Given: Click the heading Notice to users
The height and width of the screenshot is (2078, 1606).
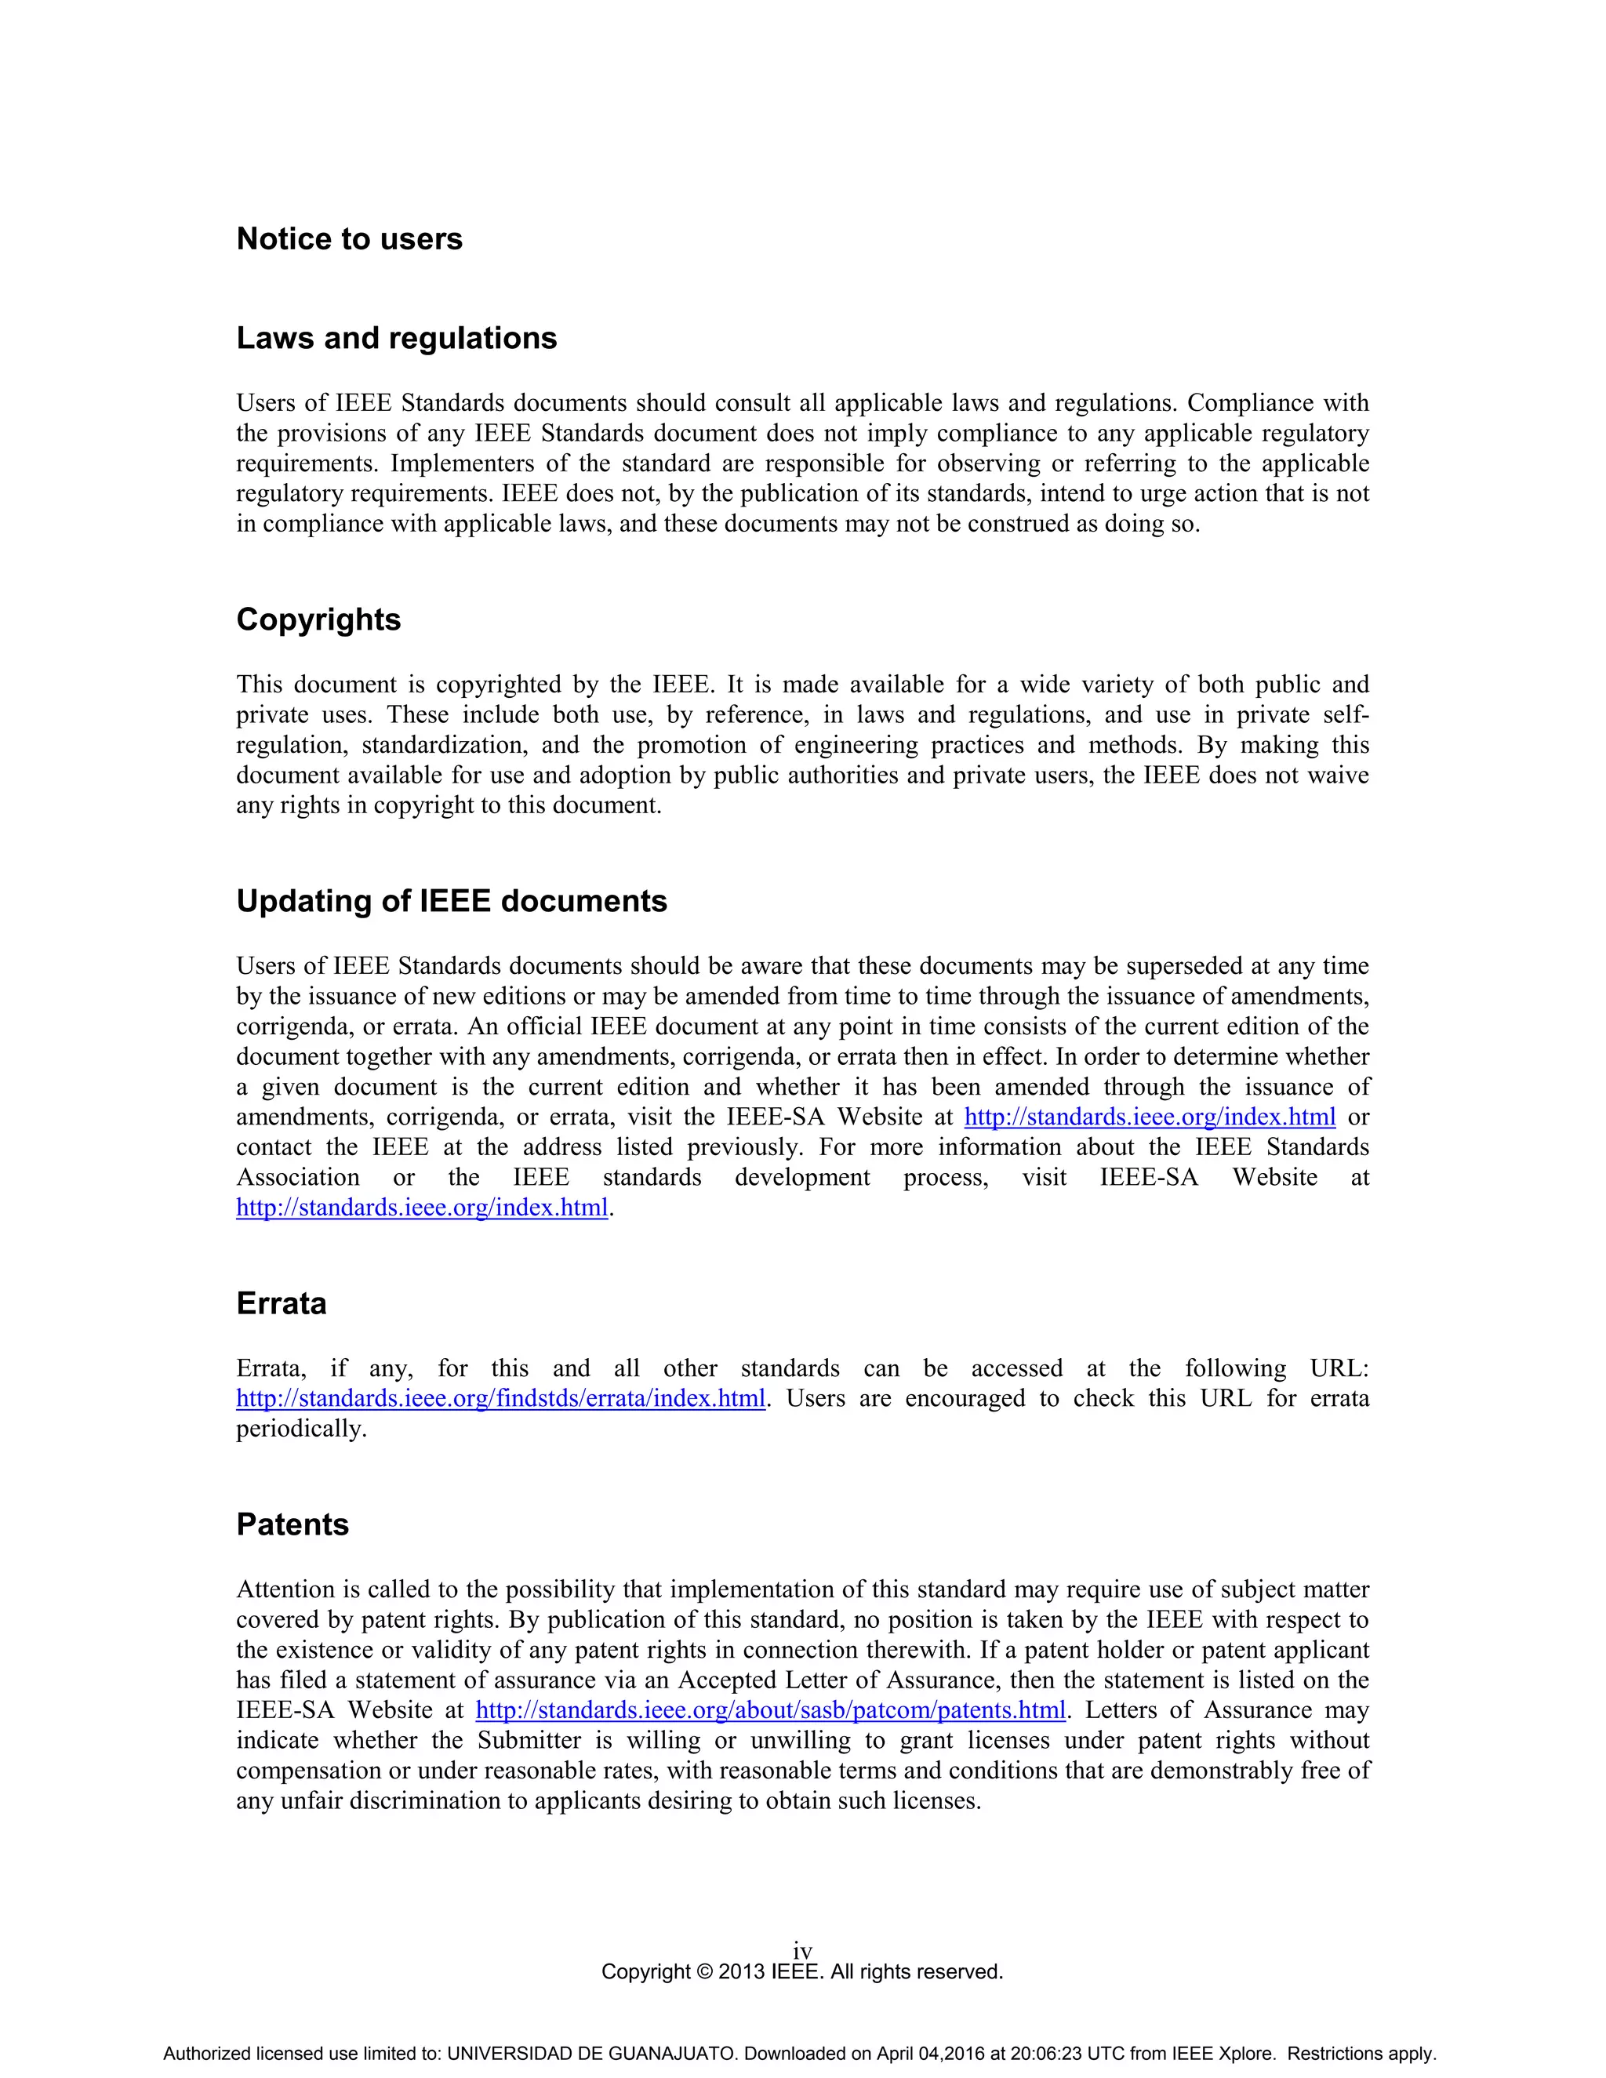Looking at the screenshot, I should click(x=349, y=239).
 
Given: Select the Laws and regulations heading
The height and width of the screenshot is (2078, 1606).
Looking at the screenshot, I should click(x=396, y=339).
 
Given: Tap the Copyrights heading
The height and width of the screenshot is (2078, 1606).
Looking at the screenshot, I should click(x=318, y=619).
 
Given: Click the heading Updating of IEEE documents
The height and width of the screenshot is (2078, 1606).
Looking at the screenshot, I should click(x=451, y=901).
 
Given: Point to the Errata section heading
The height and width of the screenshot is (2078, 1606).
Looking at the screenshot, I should click(x=281, y=1303).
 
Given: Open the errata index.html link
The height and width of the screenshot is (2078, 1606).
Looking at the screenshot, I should click(x=500, y=1399).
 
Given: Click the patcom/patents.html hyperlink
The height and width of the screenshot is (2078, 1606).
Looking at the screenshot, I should click(x=770, y=1709).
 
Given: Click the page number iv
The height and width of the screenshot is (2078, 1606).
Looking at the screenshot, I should click(x=802, y=1952).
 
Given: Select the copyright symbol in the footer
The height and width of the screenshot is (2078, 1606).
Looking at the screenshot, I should click(x=704, y=1971).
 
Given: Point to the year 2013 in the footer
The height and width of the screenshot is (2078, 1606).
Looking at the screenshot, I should click(x=741, y=1971).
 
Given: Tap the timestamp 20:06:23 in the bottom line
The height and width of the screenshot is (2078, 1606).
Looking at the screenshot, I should click(x=1045, y=2053).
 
